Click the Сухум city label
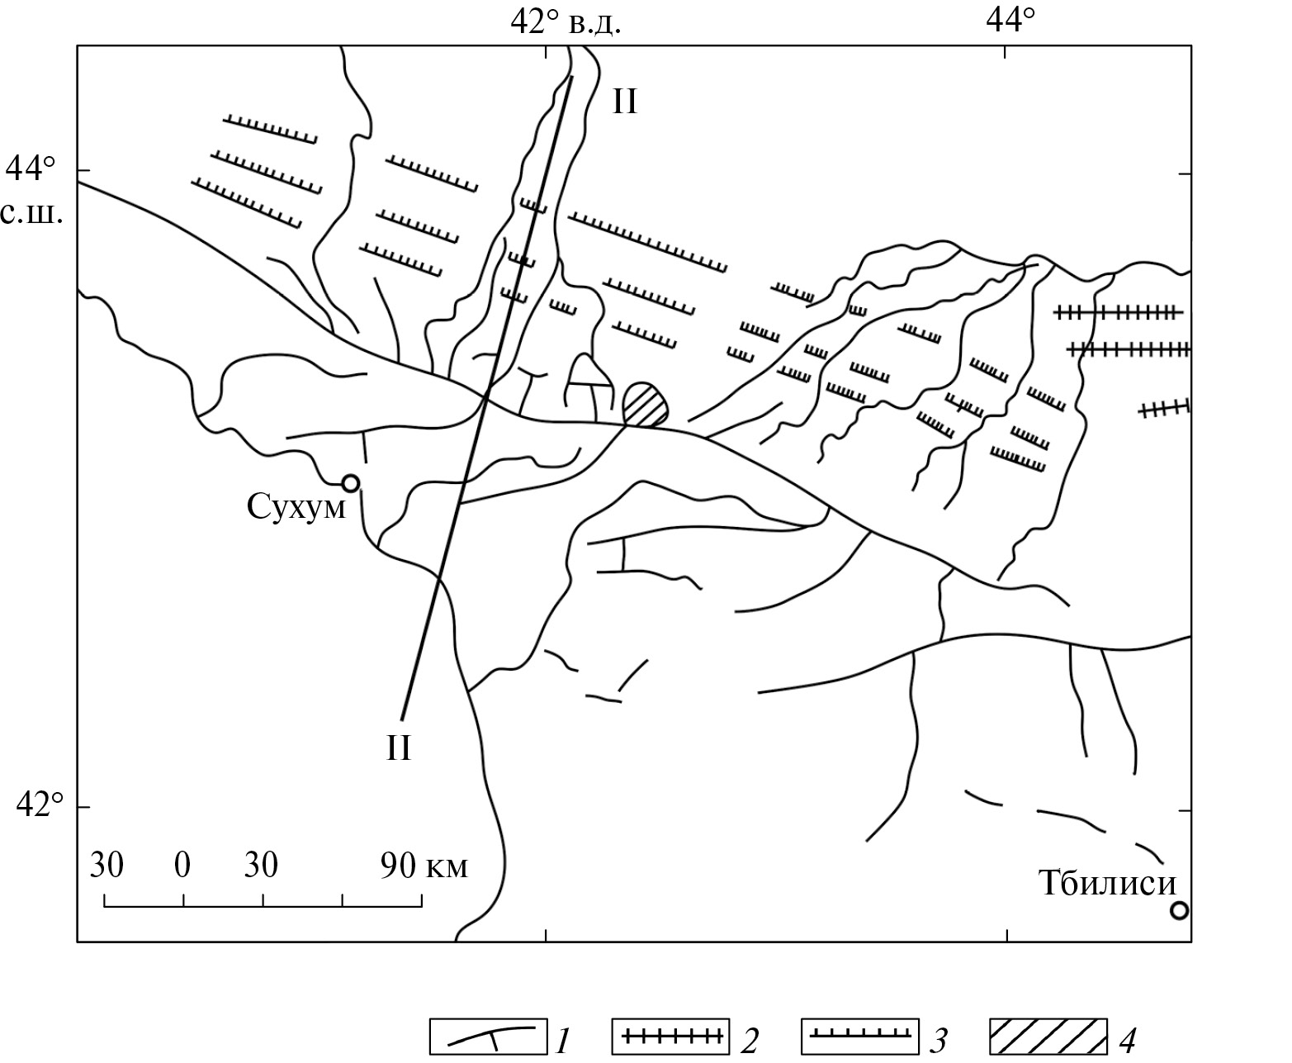coord(296,508)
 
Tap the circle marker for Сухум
coord(350,484)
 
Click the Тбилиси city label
coord(1107,884)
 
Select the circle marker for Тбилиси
coord(1179,911)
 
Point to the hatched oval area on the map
coord(645,405)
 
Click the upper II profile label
coord(625,102)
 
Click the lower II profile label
coord(398,748)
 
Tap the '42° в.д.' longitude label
coord(566,22)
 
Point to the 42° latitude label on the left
coord(39,805)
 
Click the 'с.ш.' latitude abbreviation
coord(32,214)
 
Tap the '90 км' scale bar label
coord(424,866)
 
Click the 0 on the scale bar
coord(182,866)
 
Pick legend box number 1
coord(488,1037)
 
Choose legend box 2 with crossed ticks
coord(670,1037)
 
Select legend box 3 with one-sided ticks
coord(859,1037)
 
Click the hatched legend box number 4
coord(1048,1037)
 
